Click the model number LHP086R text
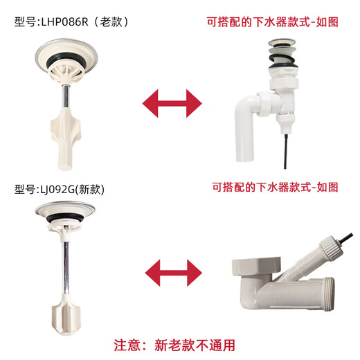tap(72, 21)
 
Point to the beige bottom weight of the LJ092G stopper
tap(66, 314)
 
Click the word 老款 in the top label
tap(114, 21)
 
